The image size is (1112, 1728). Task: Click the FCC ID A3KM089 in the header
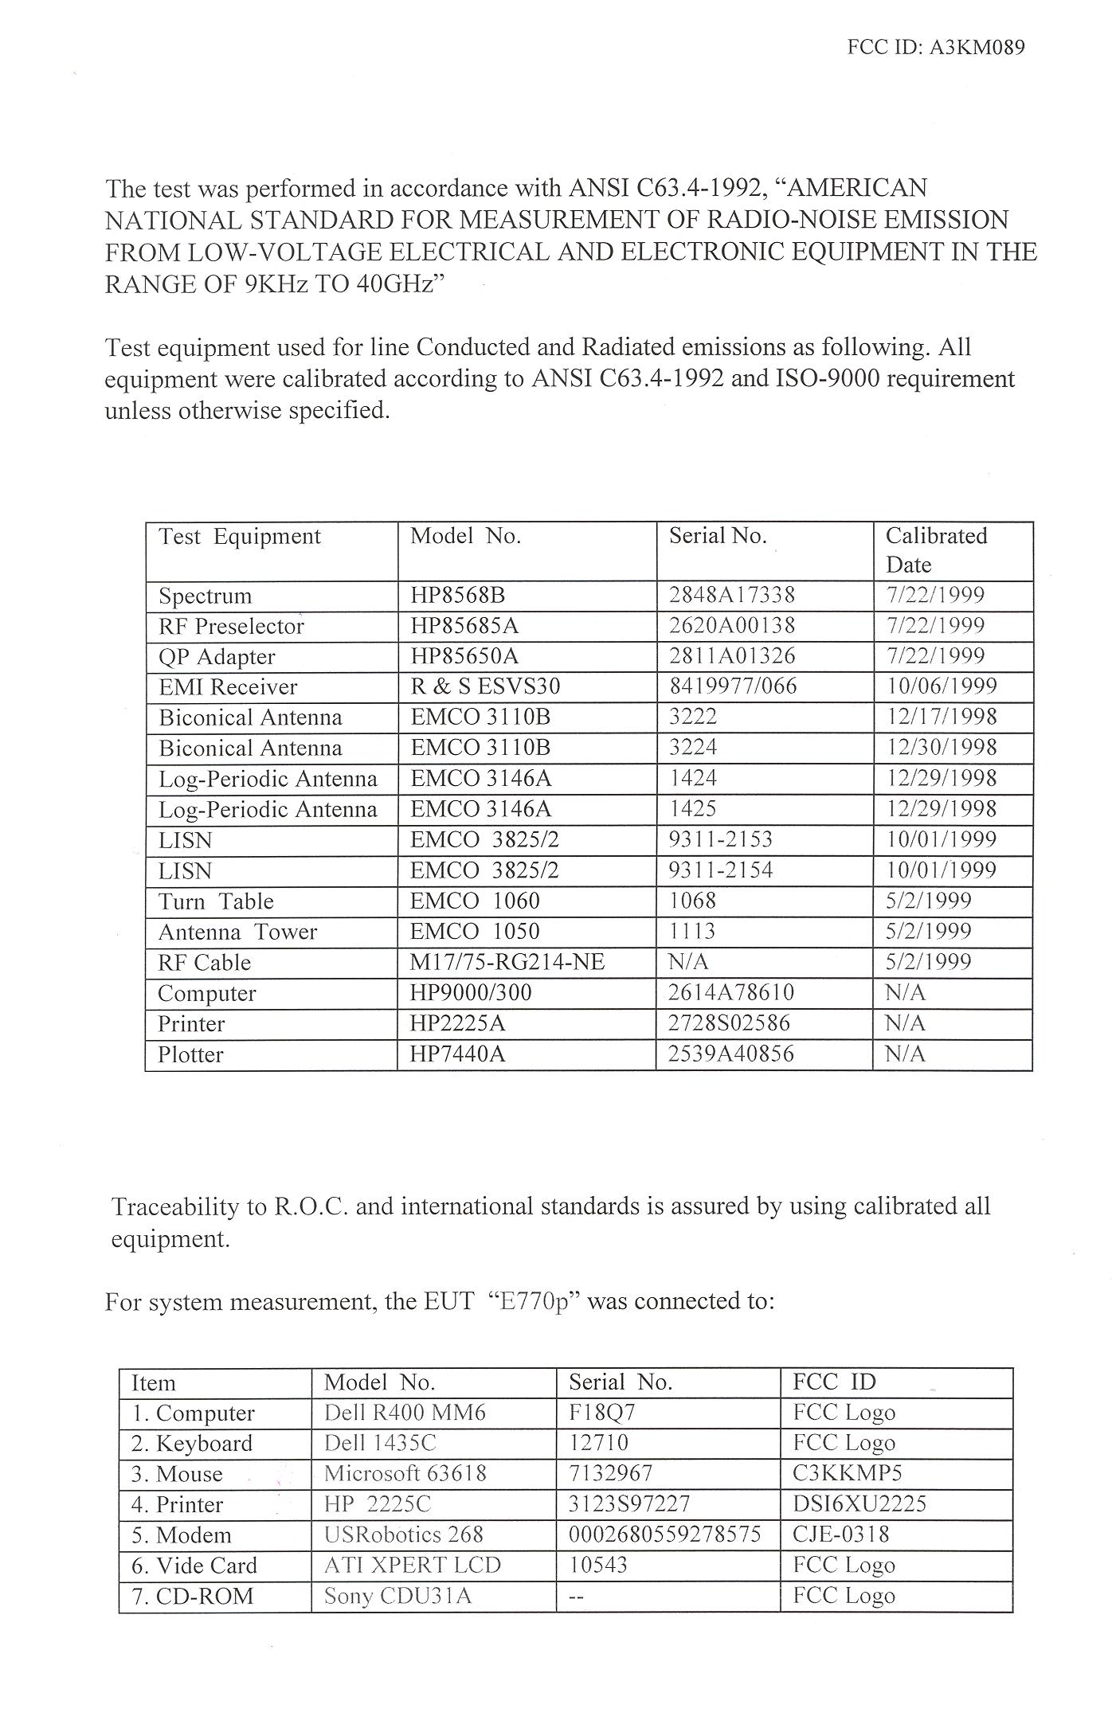point(936,47)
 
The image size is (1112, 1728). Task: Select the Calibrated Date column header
point(936,550)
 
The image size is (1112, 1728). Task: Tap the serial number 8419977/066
point(732,686)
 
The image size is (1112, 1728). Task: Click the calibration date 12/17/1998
point(941,717)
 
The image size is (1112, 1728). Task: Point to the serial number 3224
point(692,748)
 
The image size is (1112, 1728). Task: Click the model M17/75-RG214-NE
point(507,962)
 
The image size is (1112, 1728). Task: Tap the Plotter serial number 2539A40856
point(731,1054)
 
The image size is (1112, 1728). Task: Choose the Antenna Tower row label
point(237,932)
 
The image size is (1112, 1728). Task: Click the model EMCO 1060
point(475,901)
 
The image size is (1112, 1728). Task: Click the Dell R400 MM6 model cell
point(405,1413)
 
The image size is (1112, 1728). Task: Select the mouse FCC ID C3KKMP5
point(847,1473)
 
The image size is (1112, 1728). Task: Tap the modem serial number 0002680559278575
point(664,1534)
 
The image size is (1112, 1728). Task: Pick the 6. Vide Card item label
point(194,1566)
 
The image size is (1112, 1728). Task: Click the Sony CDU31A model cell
point(397,1596)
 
